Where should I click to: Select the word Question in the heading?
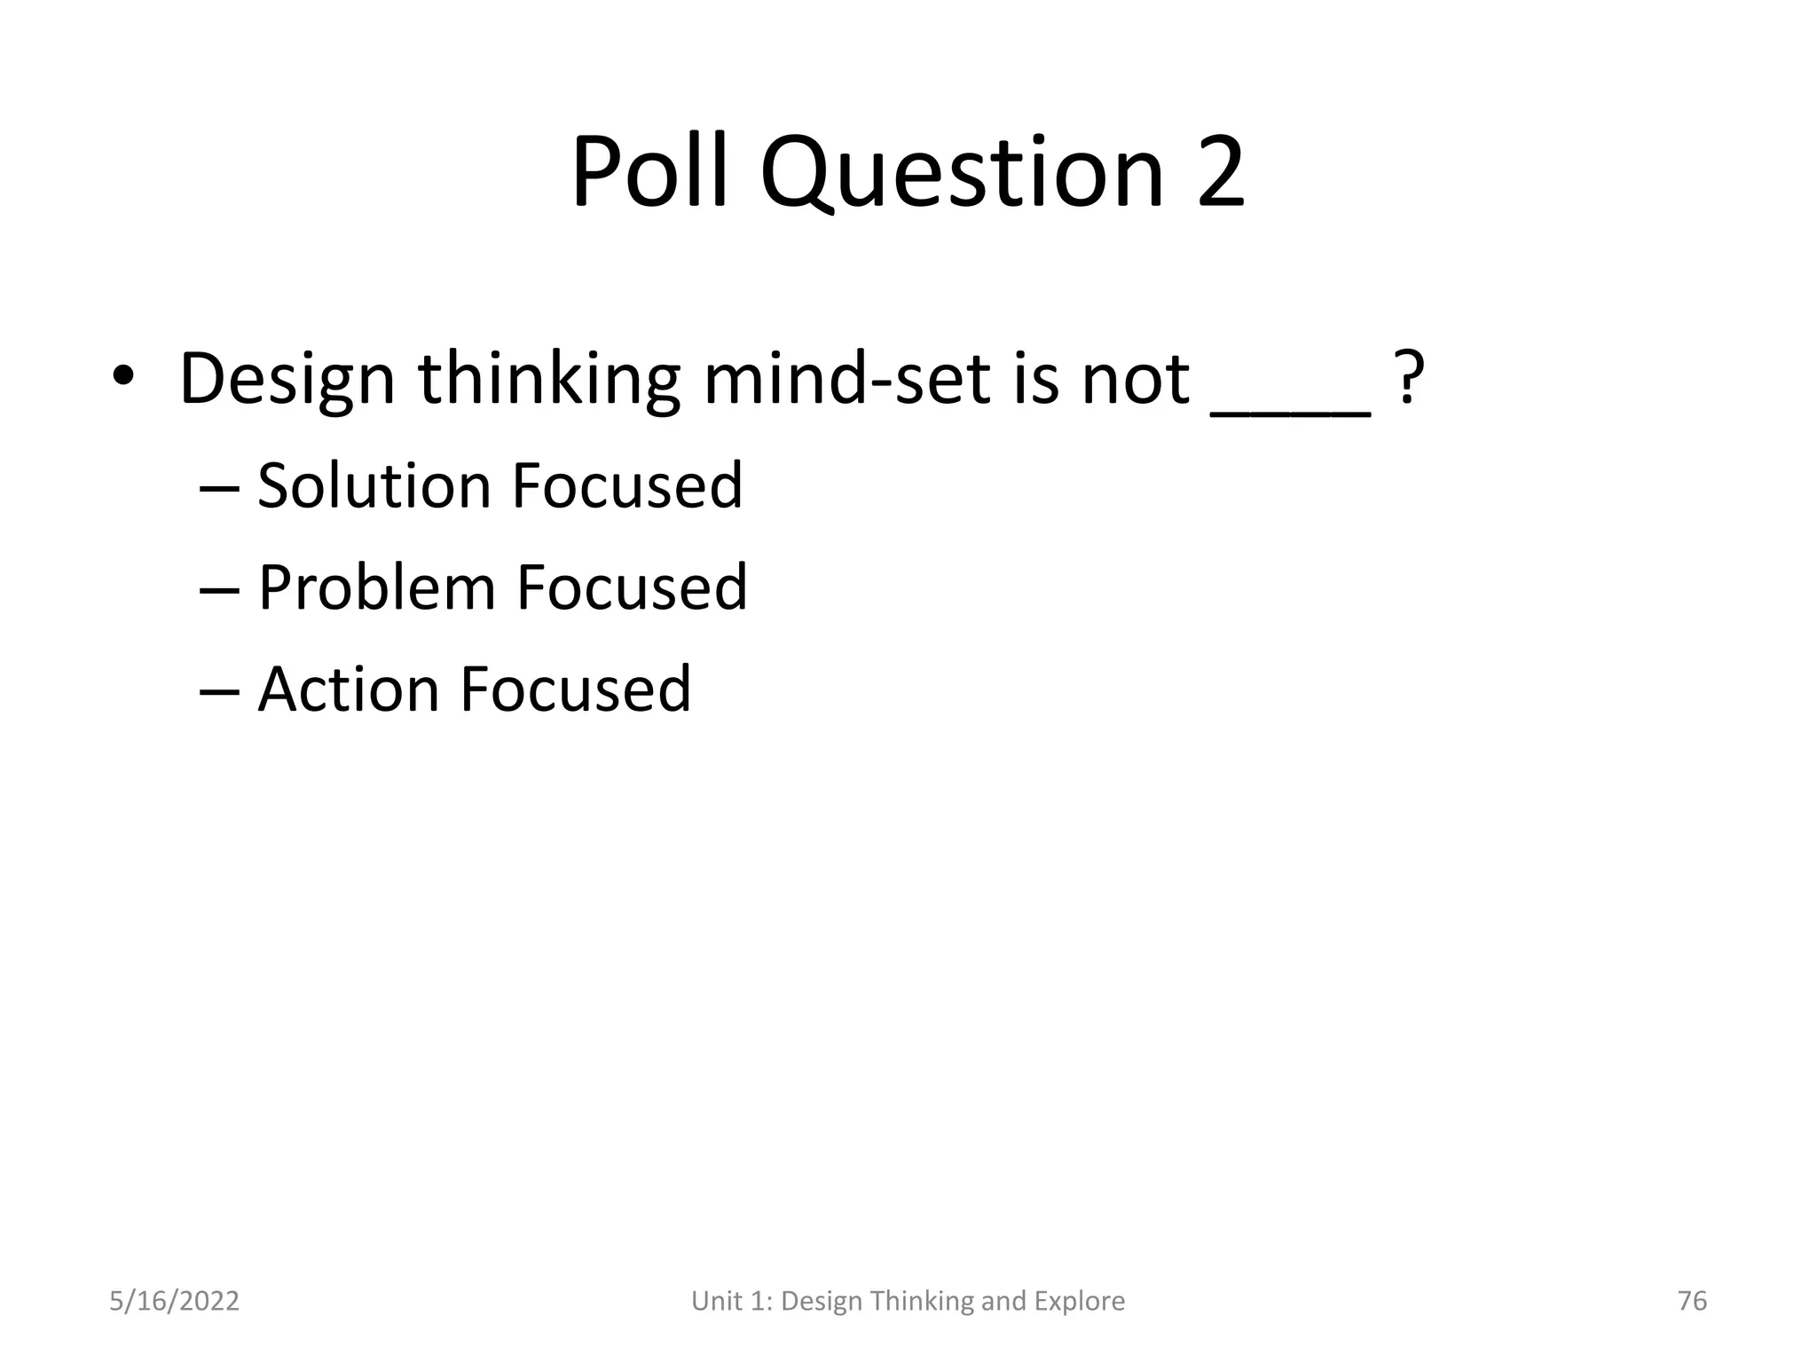coord(962,173)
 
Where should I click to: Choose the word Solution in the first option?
coord(374,486)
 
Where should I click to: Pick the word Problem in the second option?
coord(376,588)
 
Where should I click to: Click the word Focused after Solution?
coord(627,486)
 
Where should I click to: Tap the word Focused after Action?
coord(575,689)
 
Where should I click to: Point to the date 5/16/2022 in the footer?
coord(174,1301)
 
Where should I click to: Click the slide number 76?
coord(1692,1301)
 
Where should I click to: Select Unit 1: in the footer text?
coord(731,1301)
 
